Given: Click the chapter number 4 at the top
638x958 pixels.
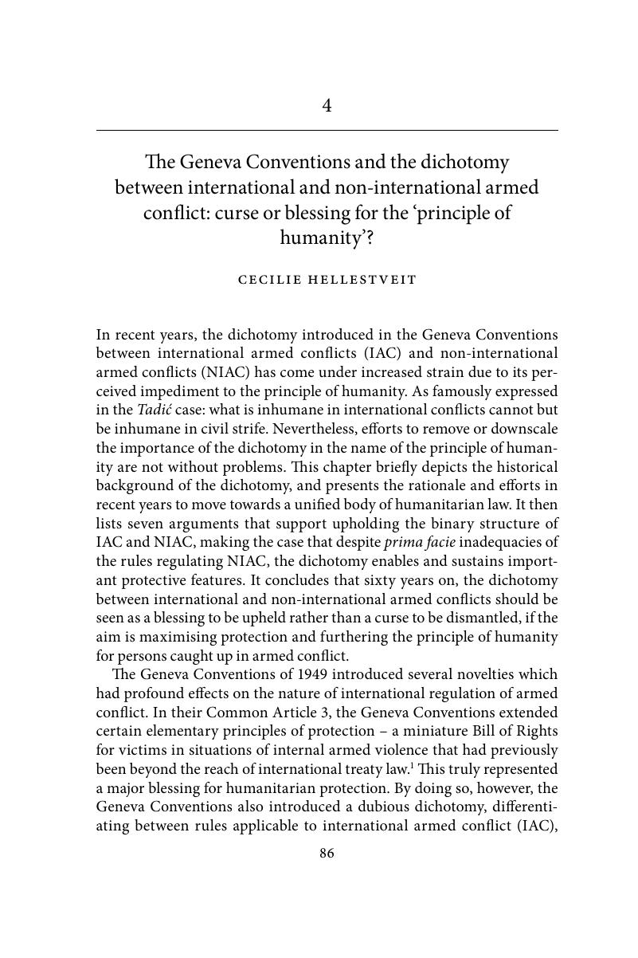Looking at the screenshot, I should point(327,106).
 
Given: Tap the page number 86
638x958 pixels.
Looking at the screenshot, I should point(327,854).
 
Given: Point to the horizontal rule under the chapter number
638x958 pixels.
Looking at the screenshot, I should point(327,130).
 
